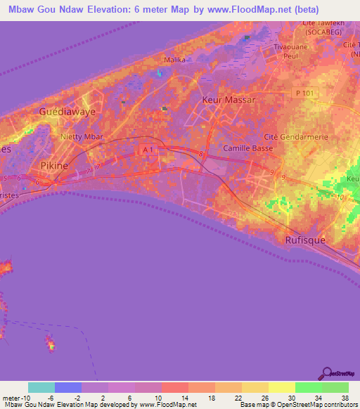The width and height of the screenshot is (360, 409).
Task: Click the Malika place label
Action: pos(174,60)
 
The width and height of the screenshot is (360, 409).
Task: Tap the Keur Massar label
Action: pos(229,100)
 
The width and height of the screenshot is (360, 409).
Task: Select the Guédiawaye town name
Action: pos(67,112)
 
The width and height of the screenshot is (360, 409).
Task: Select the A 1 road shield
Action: pos(146,150)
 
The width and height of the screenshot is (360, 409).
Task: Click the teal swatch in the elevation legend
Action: pos(41,387)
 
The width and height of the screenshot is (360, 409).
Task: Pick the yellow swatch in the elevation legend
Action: pos(282,387)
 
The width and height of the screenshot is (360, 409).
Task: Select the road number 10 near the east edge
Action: pos(341,197)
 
